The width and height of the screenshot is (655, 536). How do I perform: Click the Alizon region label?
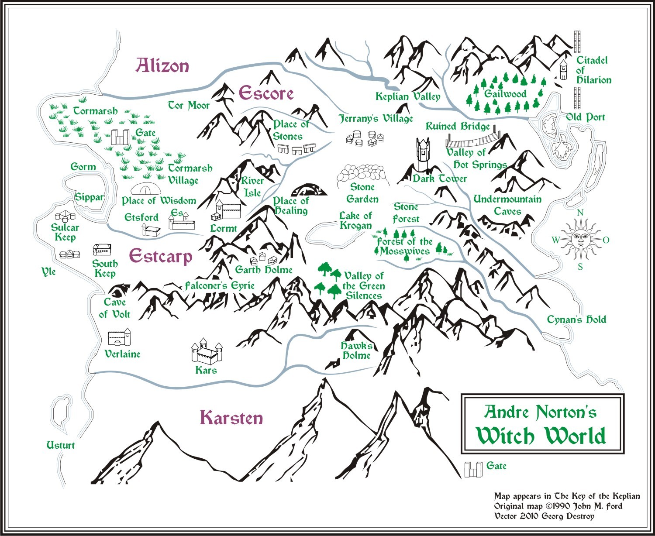pyautogui.click(x=162, y=66)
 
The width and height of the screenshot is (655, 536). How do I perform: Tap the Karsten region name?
pyautogui.click(x=231, y=418)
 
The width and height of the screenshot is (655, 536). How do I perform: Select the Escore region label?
pyautogui.click(x=266, y=93)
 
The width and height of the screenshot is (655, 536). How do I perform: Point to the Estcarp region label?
pyautogui.click(x=161, y=256)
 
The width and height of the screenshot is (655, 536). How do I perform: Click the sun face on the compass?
pyautogui.click(x=580, y=239)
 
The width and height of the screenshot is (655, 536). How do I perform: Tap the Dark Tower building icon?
pyautogui.click(x=422, y=155)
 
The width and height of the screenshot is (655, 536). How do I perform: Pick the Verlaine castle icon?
pyautogui.click(x=119, y=338)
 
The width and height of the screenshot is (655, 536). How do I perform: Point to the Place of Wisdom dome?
pyautogui.click(x=145, y=189)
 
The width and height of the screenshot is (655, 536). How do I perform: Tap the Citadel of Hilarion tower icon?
pyautogui.click(x=564, y=70)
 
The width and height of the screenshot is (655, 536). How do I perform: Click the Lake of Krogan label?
pyautogui.click(x=356, y=220)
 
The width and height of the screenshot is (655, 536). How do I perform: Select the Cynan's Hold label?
pyautogui.click(x=576, y=320)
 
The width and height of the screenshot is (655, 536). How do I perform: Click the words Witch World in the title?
pyautogui.click(x=541, y=436)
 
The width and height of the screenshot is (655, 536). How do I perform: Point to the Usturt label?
pyautogui.click(x=61, y=445)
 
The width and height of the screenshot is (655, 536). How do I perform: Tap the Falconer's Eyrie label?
pyautogui.click(x=220, y=286)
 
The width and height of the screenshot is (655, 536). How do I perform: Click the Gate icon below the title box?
pyautogui.click(x=473, y=469)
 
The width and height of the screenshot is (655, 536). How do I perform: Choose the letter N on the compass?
pyautogui.click(x=580, y=213)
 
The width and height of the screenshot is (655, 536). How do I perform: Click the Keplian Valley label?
pyautogui.click(x=408, y=96)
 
